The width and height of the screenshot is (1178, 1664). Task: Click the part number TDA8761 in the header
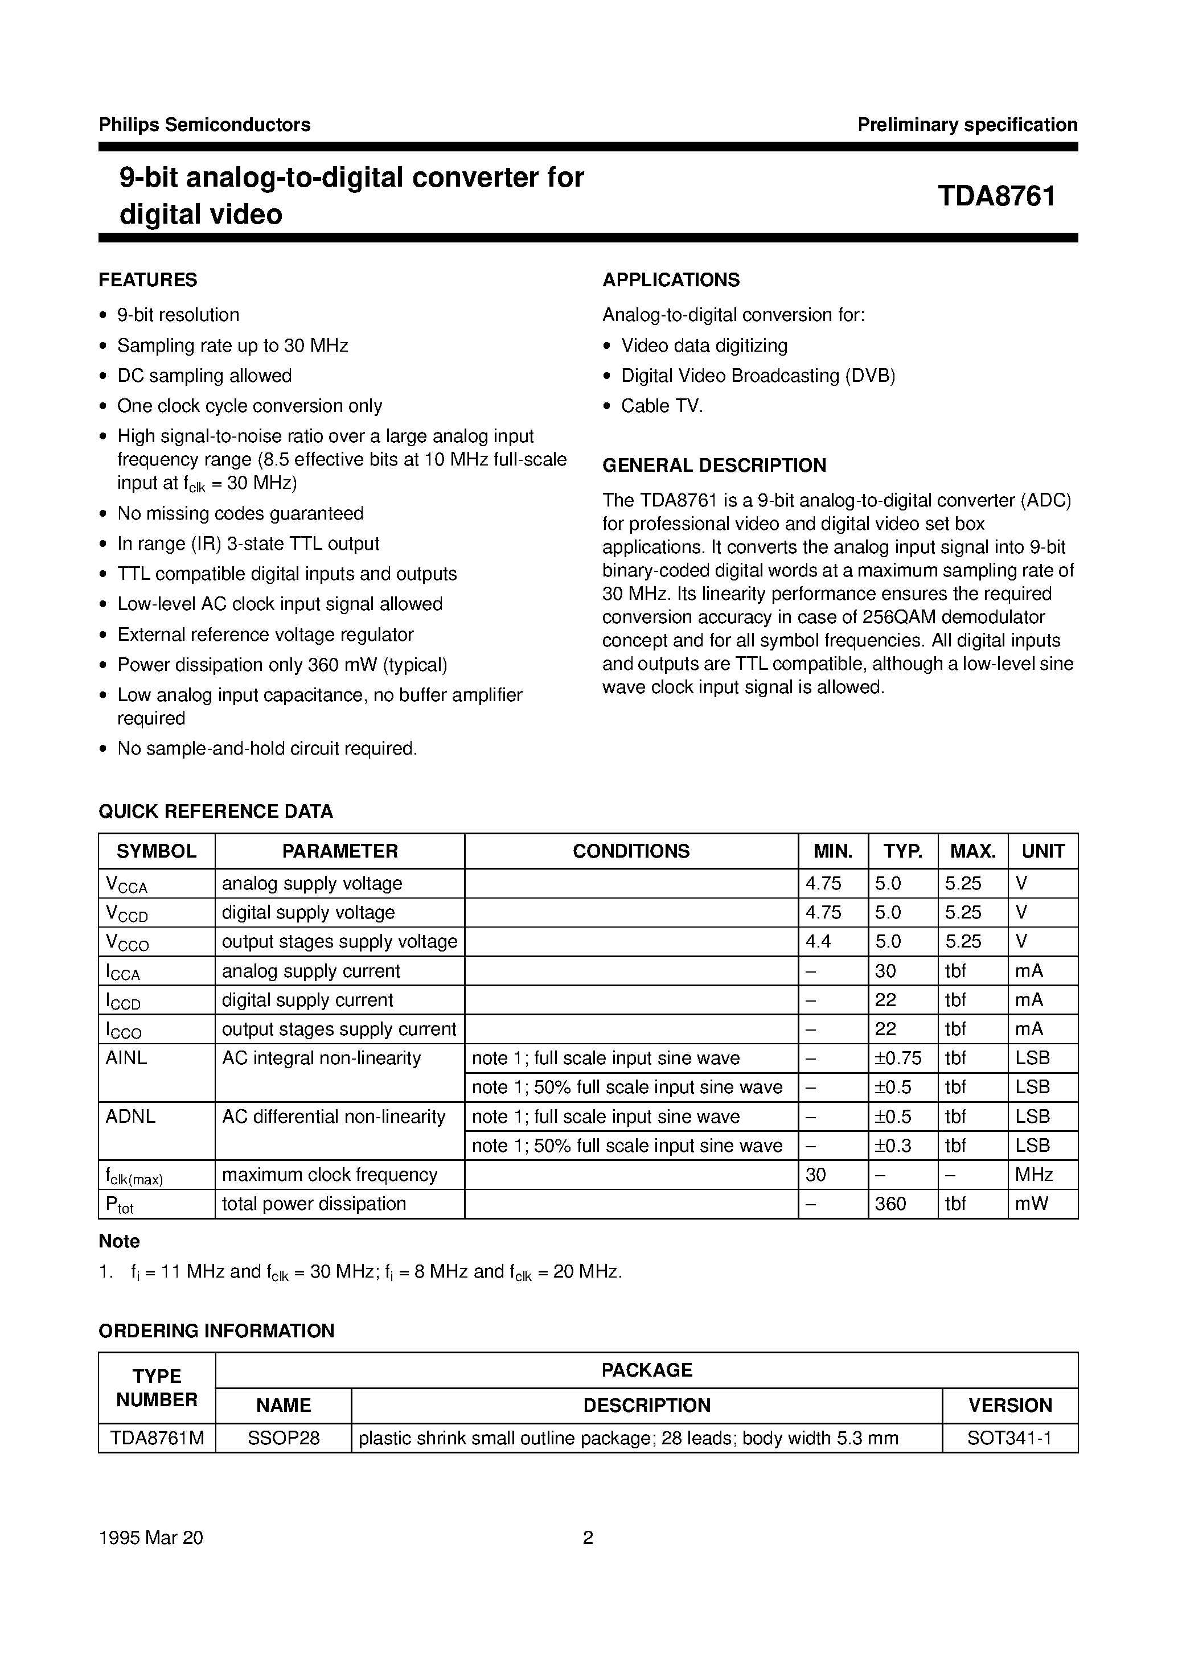[996, 196]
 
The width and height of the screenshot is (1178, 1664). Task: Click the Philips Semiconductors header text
[204, 125]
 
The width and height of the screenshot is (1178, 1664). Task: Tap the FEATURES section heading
[148, 280]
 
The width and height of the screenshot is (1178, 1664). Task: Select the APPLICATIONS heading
[671, 280]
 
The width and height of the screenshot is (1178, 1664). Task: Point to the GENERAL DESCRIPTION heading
[714, 466]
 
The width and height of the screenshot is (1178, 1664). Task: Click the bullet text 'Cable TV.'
[662, 406]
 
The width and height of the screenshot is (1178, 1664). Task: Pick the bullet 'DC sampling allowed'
[204, 376]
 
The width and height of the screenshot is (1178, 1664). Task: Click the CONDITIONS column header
[630, 851]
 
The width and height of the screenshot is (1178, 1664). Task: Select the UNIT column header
[1042, 851]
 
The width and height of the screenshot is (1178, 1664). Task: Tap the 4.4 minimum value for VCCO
[818, 941]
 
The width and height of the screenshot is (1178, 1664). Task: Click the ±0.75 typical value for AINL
[898, 1058]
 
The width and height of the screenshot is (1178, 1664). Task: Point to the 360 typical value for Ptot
[890, 1204]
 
